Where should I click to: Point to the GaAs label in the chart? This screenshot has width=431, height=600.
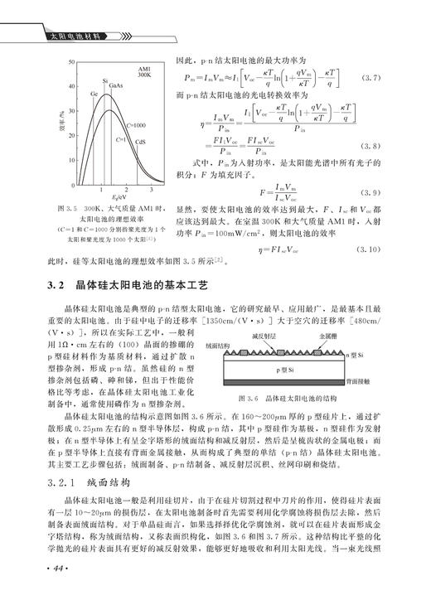[117, 85]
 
